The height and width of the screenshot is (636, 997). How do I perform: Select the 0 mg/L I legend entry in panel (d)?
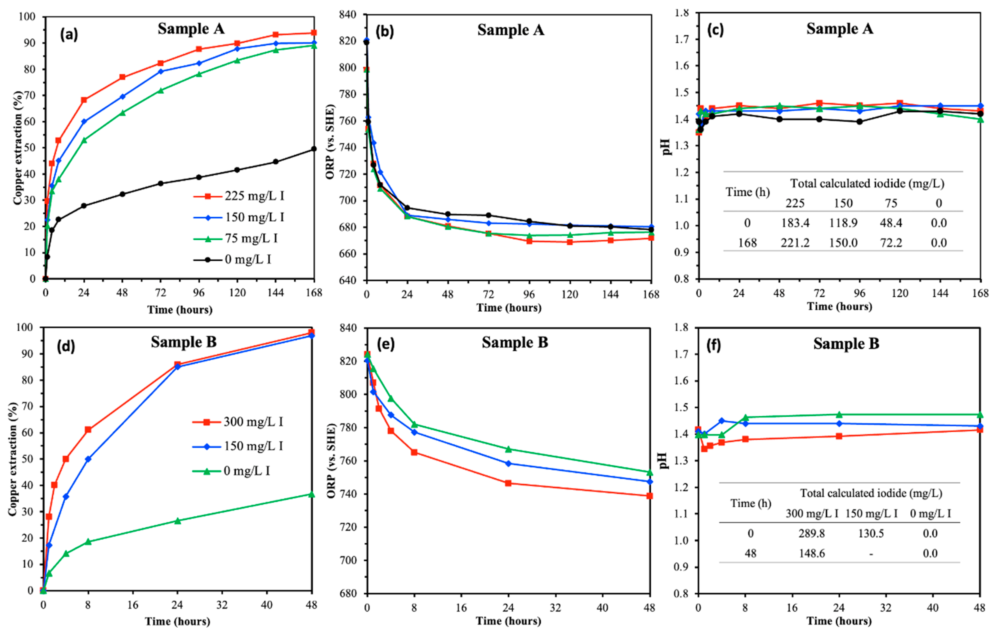[x=232, y=471]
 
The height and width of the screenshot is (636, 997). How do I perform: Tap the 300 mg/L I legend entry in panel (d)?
[x=238, y=422]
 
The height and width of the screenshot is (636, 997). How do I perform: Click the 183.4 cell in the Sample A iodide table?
[x=795, y=223]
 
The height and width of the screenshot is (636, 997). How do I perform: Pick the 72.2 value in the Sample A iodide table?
[x=891, y=243]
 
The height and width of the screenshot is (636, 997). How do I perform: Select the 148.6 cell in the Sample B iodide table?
[x=812, y=553]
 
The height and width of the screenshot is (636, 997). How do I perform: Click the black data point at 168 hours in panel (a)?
[x=314, y=149]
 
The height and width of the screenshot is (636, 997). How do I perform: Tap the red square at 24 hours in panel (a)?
[x=84, y=100]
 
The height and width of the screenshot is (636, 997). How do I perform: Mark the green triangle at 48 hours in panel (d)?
[x=312, y=495]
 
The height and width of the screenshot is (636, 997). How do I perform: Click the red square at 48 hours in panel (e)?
[x=650, y=496]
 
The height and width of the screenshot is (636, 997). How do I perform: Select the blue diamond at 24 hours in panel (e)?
[x=508, y=463]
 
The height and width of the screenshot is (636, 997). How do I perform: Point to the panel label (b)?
[x=385, y=31]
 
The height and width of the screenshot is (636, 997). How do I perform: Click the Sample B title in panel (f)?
[x=846, y=343]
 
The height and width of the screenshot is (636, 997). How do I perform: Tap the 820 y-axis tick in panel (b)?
[x=347, y=41]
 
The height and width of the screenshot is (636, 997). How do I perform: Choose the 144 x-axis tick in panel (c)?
[x=940, y=293]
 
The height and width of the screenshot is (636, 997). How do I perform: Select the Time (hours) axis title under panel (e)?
[x=508, y=621]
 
